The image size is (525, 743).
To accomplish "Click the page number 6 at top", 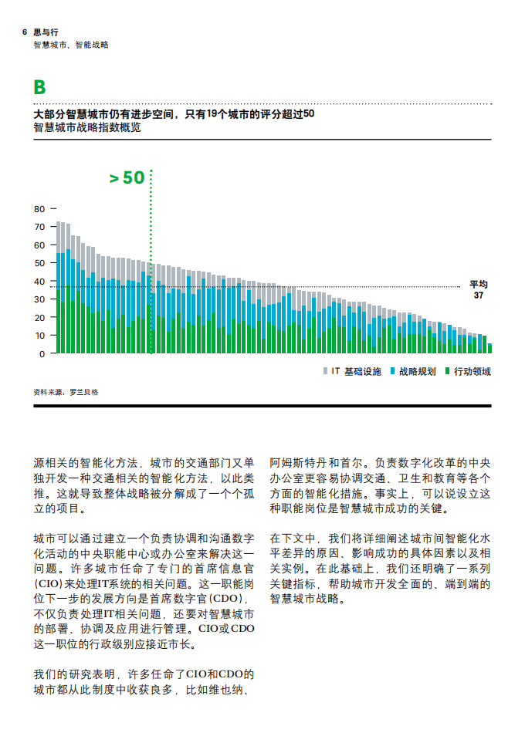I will click(x=25, y=32).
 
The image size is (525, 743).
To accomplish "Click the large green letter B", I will click(x=39, y=88).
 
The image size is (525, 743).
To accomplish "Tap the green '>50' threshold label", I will click(x=127, y=177).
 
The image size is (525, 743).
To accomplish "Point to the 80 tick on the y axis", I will click(x=40, y=208).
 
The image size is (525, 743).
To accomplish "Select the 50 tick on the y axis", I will click(x=40, y=263).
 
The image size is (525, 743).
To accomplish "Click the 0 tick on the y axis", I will click(x=43, y=353).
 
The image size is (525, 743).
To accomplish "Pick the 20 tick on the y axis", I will click(x=40, y=317).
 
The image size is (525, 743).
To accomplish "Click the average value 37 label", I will click(x=479, y=296).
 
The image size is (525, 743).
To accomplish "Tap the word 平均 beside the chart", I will click(x=479, y=284).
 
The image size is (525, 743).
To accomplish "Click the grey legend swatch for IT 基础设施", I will click(x=325, y=371).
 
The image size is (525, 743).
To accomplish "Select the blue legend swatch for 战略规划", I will click(x=392, y=371).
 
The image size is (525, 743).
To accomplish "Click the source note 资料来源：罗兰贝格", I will click(x=66, y=392).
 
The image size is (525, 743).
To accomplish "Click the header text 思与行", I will click(x=46, y=32).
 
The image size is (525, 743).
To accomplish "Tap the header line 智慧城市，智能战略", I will click(x=71, y=45).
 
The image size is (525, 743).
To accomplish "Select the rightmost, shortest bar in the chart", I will click(x=489, y=348).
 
